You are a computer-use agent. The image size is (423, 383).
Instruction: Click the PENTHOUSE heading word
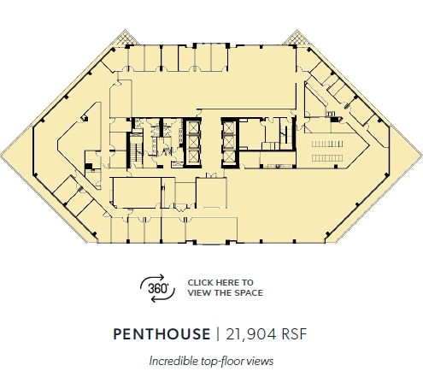click(x=161, y=333)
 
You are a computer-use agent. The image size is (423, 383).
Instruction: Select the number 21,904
click(x=249, y=333)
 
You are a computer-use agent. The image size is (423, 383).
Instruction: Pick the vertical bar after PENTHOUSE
click(x=218, y=333)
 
